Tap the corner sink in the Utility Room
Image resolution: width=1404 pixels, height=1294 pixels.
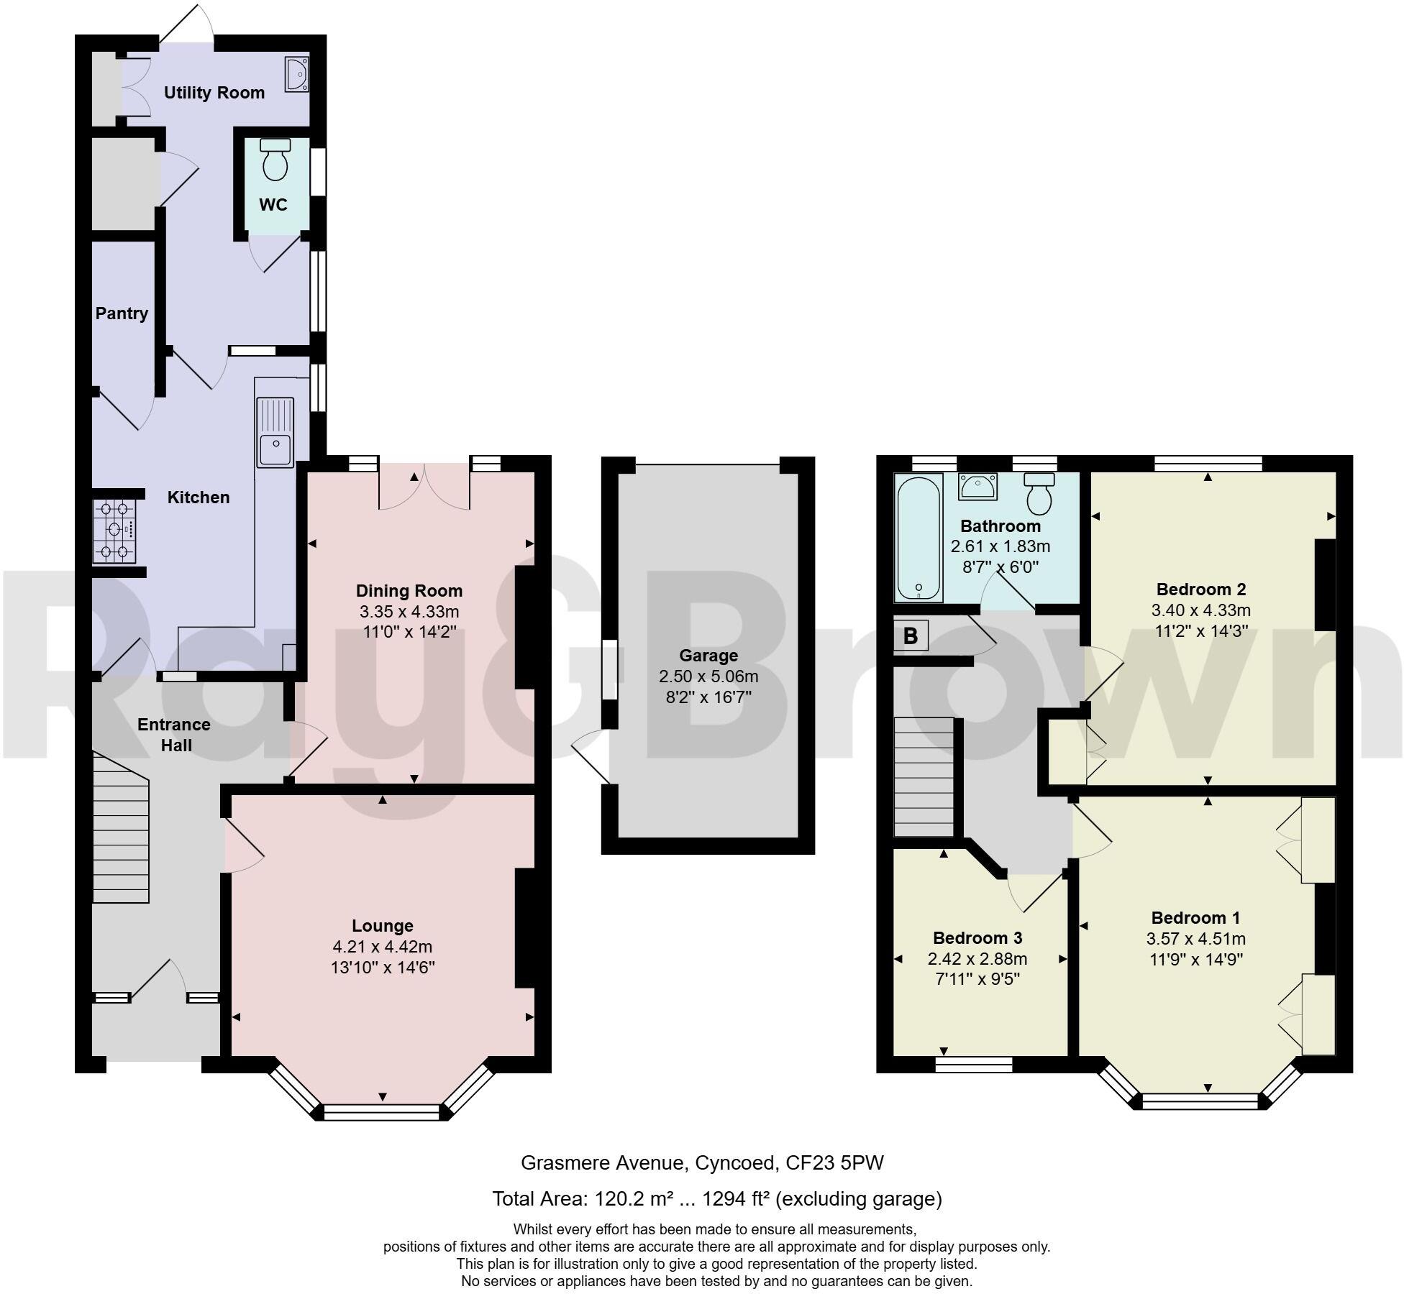(296, 74)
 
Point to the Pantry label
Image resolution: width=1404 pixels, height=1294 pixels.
(122, 313)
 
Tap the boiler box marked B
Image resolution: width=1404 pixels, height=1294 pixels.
(911, 635)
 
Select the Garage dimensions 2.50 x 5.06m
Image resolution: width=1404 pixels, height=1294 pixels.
(708, 676)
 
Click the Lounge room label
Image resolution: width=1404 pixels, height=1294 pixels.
(382, 926)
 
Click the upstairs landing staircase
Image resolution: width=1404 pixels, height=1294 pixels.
(923, 777)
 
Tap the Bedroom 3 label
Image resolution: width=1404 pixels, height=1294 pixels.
(977, 937)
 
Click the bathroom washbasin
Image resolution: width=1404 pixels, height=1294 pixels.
(977, 487)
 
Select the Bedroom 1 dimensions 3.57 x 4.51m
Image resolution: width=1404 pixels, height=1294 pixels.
(1196, 938)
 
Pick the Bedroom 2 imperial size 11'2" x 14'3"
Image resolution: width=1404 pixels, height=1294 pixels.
(1200, 631)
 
